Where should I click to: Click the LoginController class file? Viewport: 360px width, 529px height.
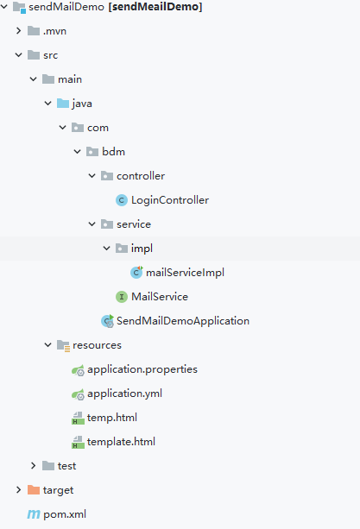tap(170, 200)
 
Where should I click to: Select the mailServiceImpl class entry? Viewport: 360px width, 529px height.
tap(185, 272)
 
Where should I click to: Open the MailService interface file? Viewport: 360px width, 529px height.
tap(160, 297)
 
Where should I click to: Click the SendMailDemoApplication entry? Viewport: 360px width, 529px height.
tap(183, 321)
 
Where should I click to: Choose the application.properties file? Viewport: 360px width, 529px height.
tap(142, 369)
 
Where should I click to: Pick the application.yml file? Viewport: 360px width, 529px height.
tap(124, 394)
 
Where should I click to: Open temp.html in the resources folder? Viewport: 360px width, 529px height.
tap(112, 418)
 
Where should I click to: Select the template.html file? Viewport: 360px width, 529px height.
tap(121, 442)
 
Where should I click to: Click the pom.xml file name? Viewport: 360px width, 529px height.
tap(65, 514)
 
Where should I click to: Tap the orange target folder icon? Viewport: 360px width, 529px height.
tap(34, 490)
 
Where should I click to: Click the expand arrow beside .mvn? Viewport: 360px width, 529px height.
tap(18, 31)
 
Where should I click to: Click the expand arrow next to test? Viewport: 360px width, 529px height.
tap(33, 466)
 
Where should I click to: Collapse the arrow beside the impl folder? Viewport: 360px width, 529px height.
tap(106, 249)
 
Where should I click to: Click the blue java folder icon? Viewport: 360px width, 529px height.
tap(63, 104)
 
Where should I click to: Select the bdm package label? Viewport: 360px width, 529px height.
tap(114, 152)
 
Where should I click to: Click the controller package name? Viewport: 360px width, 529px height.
tap(141, 176)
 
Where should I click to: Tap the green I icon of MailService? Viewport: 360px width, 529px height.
tap(122, 297)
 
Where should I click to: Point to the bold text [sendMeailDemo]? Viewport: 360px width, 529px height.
tap(155, 7)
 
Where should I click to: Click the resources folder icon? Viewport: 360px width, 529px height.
tap(63, 346)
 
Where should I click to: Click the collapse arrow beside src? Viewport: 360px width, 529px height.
tap(18, 55)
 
